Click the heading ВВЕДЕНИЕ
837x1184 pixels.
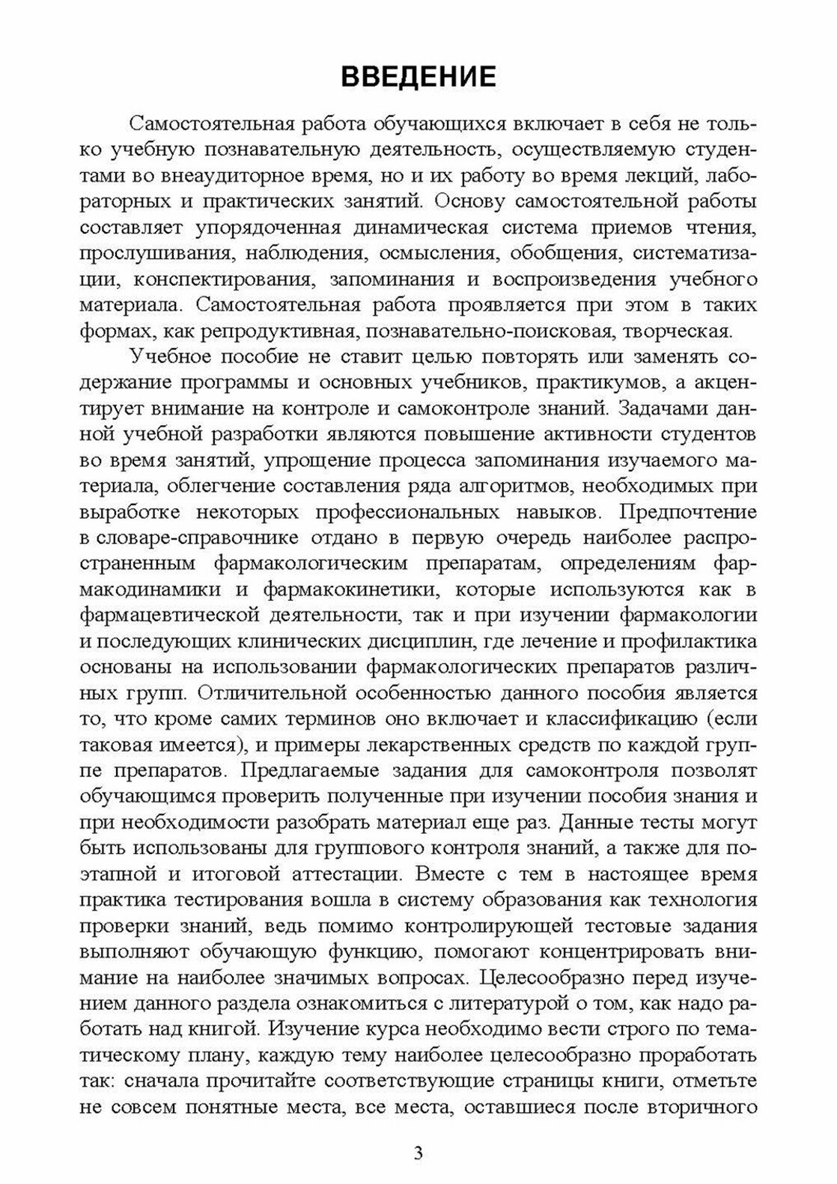click(x=418, y=77)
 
